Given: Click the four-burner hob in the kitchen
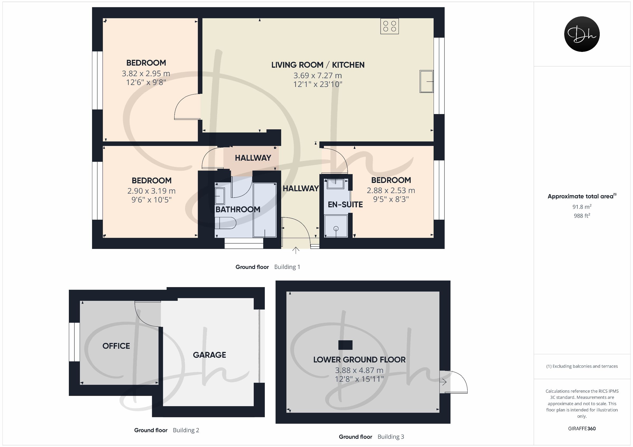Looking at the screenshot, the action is [389, 26].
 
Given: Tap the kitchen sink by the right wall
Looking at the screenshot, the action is [426, 81].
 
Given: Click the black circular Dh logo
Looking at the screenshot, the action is [582, 34].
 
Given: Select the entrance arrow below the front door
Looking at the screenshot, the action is [296, 250].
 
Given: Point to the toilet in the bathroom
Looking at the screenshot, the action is [225, 223].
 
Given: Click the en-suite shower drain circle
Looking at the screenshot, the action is [336, 228].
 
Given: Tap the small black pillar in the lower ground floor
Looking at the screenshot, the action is [345, 345].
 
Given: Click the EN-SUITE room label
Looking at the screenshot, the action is [345, 205].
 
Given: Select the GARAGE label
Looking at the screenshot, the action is [209, 355].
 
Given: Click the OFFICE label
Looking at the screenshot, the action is [116, 346].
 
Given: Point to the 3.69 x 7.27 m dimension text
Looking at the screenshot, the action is [318, 75].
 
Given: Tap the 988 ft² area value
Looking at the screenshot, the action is [582, 216].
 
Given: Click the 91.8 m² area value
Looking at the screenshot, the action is [582, 207].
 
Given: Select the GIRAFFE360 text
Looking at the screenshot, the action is [582, 429].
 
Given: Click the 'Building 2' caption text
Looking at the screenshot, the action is [186, 430].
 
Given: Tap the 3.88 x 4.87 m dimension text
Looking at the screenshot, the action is [359, 370].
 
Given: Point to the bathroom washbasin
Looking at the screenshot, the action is [220, 196].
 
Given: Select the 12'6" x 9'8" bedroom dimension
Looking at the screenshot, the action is [146, 82].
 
